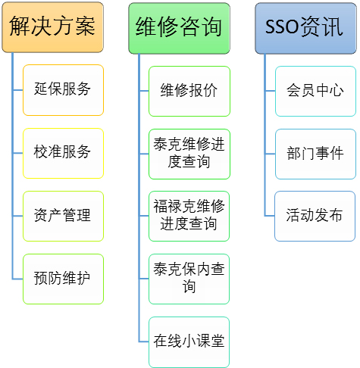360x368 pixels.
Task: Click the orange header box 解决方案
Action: pyautogui.click(x=52, y=27)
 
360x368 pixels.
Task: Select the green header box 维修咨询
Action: pyautogui.click(x=179, y=28)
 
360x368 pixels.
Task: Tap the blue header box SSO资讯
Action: pyautogui.click(x=305, y=28)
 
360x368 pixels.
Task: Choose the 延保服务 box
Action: pyautogui.click(x=63, y=90)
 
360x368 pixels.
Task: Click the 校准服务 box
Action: pyautogui.click(x=63, y=153)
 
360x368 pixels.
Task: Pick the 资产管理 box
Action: pyautogui.click(x=63, y=216)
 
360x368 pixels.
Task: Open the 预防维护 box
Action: pyautogui.click(x=63, y=279)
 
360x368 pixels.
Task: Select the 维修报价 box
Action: pyautogui.click(x=189, y=91)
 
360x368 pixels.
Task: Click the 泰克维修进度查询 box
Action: pyautogui.click(x=189, y=154)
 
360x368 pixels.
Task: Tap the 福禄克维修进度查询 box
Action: pyautogui.click(x=189, y=216)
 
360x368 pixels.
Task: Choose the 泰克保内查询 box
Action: pyautogui.click(x=189, y=279)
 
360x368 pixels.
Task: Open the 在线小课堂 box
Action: pyautogui.click(x=189, y=342)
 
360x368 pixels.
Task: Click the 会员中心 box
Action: pyautogui.click(x=315, y=91)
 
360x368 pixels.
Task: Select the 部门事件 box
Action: pyautogui.click(x=315, y=154)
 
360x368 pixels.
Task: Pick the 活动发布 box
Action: pyautogui.click(x=315, y=216)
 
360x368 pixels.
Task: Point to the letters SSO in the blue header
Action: pyautogui.click(x=282, y=27)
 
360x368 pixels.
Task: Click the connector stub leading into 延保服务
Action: pyautogui.click(x=17, y=90)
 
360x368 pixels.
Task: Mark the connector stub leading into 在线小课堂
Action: pyautogui.click(x=144, y=341)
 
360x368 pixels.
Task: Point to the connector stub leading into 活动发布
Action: pyautogui.click(x=270, y=216)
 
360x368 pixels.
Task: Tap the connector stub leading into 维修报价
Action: pyautogui.click(x=144, y=91)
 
